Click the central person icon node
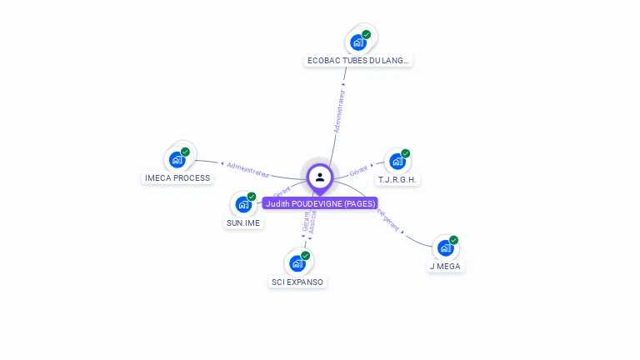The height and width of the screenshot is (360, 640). tap(320, 177)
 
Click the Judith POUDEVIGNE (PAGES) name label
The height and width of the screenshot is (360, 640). tap(320, 203)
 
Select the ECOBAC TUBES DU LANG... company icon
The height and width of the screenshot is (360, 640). tap(358, 42)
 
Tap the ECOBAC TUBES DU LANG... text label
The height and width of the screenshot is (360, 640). tap(358, 61)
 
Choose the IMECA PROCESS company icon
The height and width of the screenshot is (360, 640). tap(177, 159)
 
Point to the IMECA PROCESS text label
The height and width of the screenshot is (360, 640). tap(177, 178)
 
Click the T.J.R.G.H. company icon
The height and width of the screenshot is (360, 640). tap(397, 161)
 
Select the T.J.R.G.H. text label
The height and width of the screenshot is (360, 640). tap(397, 180)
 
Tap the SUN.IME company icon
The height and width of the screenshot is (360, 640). tap(242, 204)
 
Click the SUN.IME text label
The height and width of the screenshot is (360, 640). tap(243, 223)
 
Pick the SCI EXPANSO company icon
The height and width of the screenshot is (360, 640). tap(297, 263)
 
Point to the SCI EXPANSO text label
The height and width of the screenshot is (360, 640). tap(297, 282)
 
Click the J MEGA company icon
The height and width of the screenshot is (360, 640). tap(445, 247)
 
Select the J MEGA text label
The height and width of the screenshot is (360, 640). tap(445, 267)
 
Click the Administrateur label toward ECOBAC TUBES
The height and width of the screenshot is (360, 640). tap(339, 112)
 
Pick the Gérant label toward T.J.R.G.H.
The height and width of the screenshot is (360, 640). tap(359, 169)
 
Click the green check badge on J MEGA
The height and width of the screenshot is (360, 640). tap(453, 240)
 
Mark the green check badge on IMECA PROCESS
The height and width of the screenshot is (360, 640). tap(185, 152)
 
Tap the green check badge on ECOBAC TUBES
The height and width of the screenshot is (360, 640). tap(367, 34)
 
